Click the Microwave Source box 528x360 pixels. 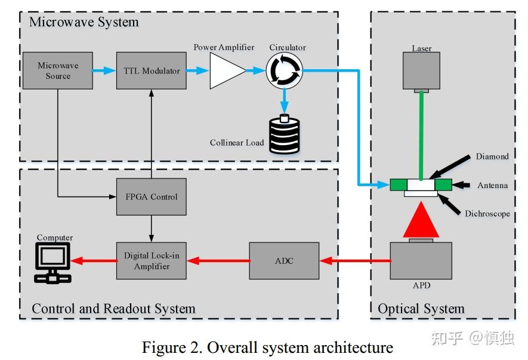tap(57, 71)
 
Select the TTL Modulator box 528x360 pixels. tap(152, 71)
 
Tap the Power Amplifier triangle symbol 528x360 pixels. tap(226, 71)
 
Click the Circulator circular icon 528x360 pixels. tap(284, 71)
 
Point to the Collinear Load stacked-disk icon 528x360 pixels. tap(284, 135)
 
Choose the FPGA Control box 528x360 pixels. tap(152, 196)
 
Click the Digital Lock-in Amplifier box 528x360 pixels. tap(152, 261)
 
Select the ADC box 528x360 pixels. tap(284, 261)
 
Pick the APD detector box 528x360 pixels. tap(421, 261)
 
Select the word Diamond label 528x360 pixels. tap(492, 156)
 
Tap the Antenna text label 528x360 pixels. tap(492, 185)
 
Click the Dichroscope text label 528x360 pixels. tap(487, 213)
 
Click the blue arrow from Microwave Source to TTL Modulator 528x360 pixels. tap(104, 71)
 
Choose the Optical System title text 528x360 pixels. tap(421, 309)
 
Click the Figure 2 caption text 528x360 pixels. tap(267, 347)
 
